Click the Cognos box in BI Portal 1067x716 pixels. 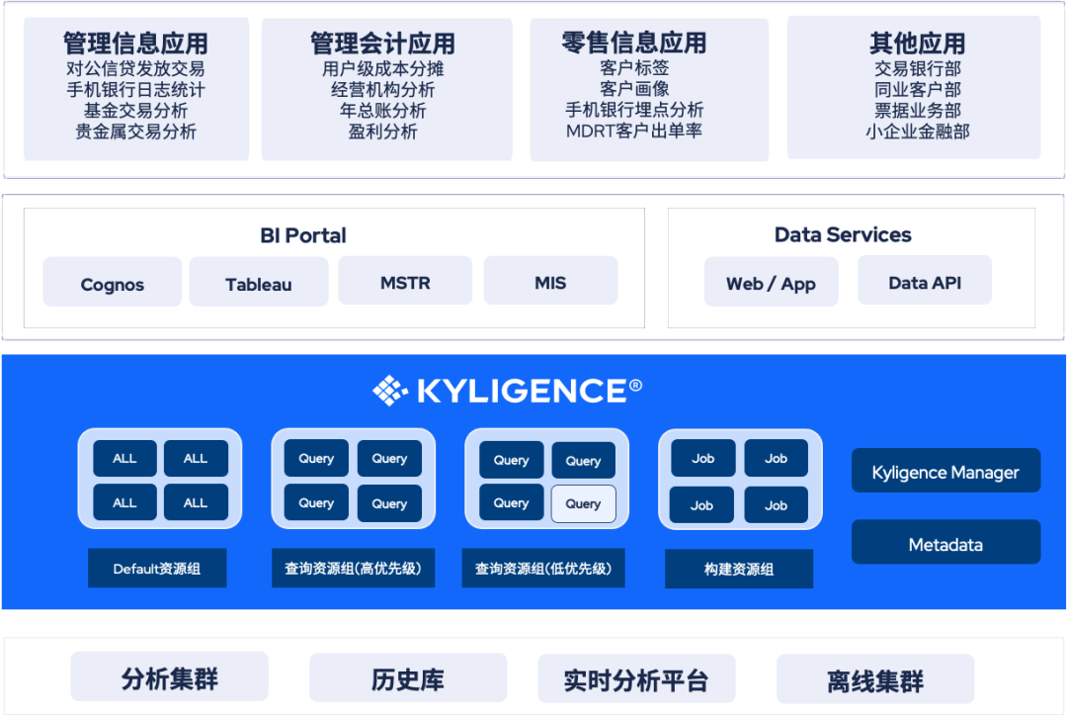[113, 283]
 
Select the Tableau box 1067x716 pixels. [259, 283]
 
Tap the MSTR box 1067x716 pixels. [405, 282]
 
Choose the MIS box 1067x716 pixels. [550, 282]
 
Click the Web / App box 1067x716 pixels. [771, 283]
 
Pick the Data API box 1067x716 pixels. [924, 282]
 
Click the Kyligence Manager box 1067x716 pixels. [945, 472]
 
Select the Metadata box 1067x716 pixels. [945, 544]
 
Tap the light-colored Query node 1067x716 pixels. [583, 503]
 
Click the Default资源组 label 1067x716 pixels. [157, 569]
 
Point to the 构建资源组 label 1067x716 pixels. [739, 569]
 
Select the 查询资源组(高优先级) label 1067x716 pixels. [353, 569]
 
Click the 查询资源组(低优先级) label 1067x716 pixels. [543, 569]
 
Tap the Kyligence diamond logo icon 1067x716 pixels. [389, 391]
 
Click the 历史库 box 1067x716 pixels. [408, 679]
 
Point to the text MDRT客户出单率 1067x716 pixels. [634, 131]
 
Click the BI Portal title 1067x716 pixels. [303, 235]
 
